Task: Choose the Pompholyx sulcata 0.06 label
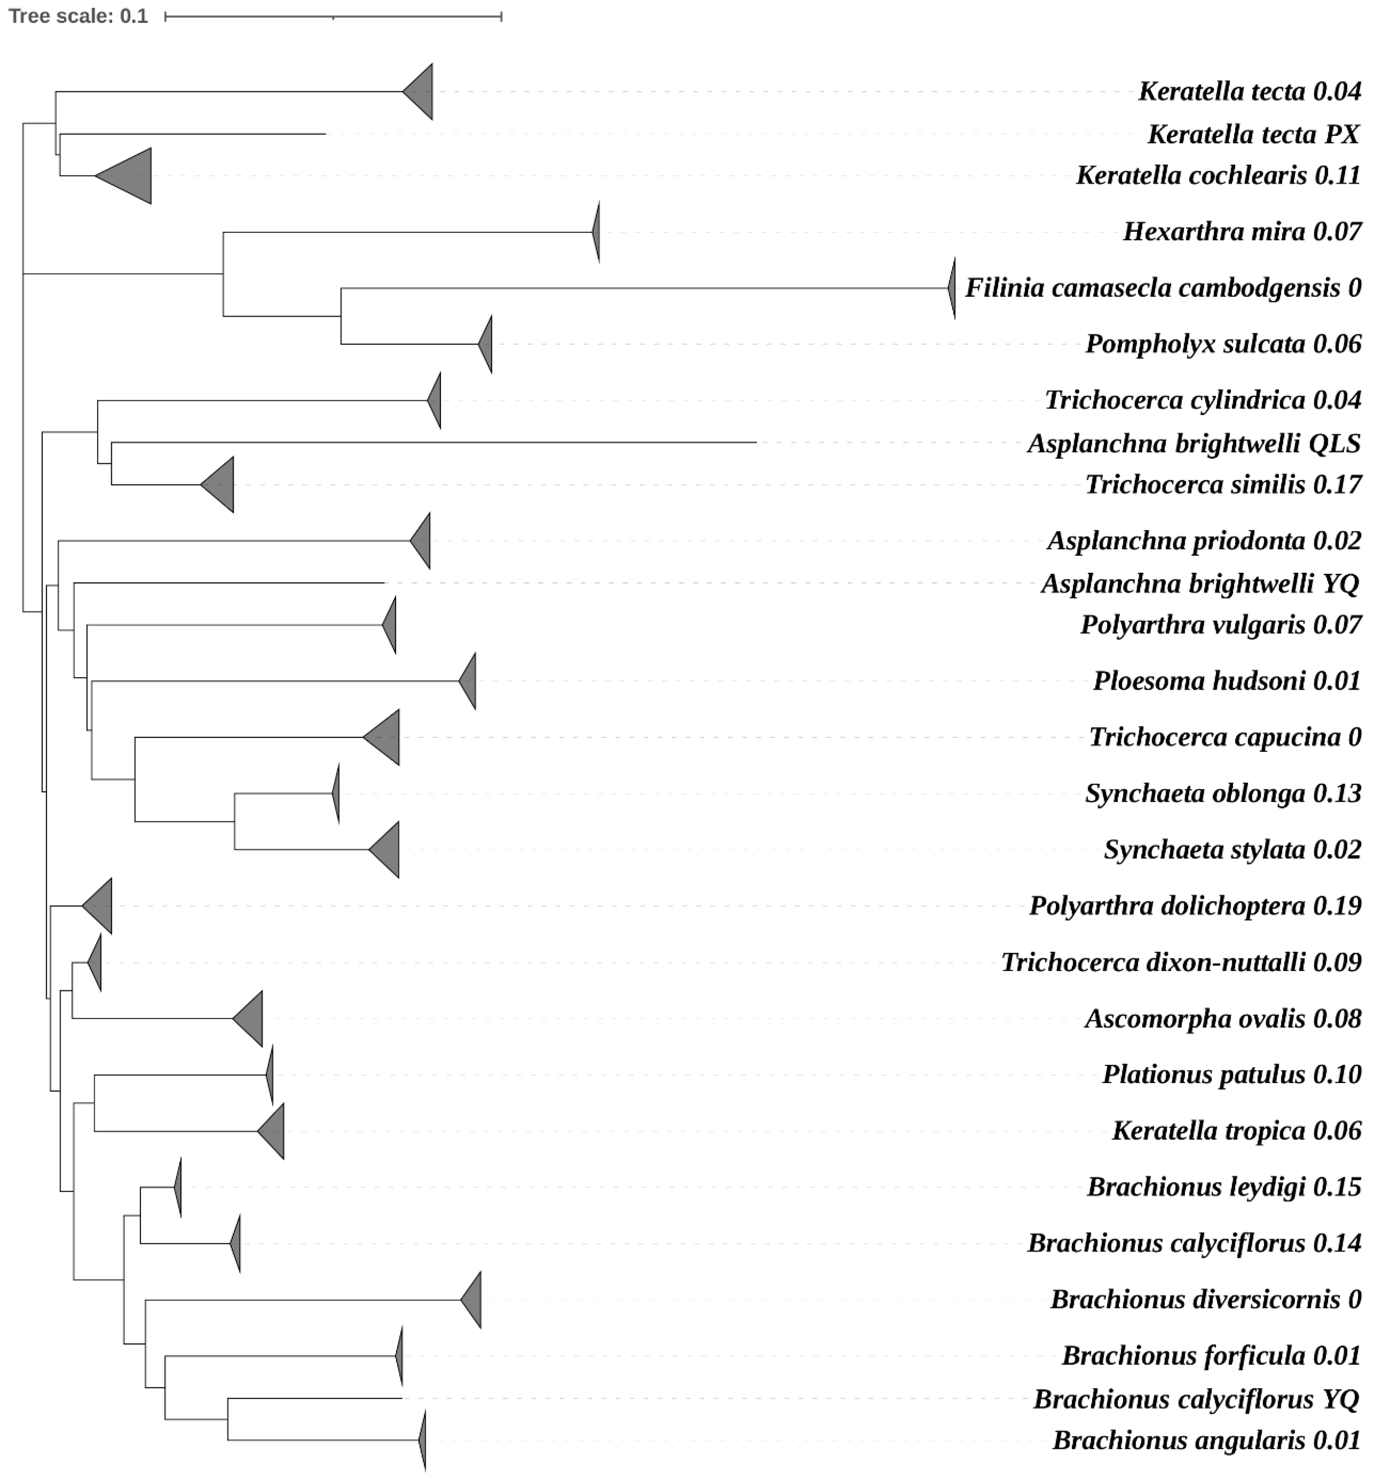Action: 1223,344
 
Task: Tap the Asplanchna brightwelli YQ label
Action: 1199,584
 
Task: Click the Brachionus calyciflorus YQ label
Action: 1196,1400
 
